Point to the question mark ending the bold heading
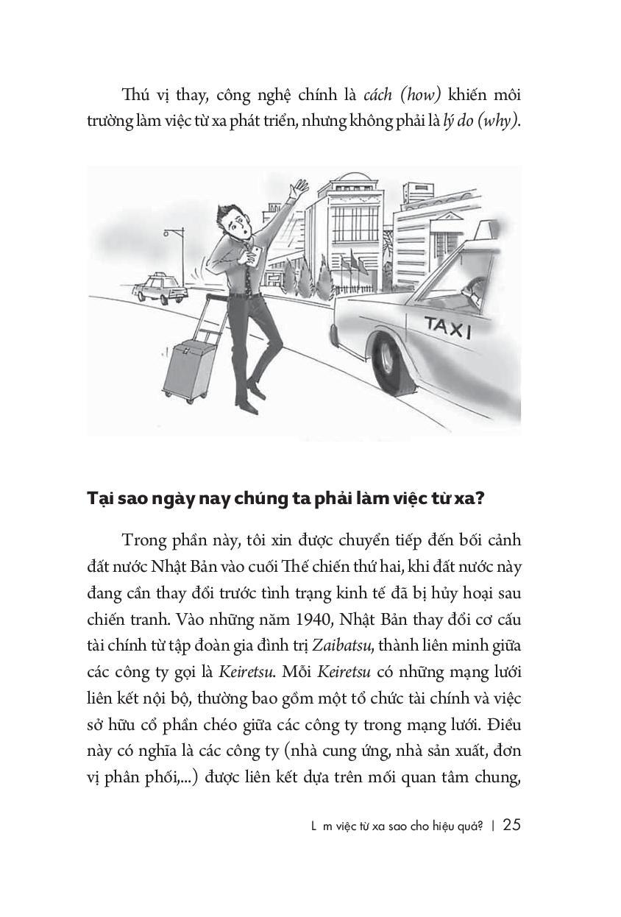click(x=478, y=498)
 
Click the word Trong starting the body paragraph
click(x=146, y=539)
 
